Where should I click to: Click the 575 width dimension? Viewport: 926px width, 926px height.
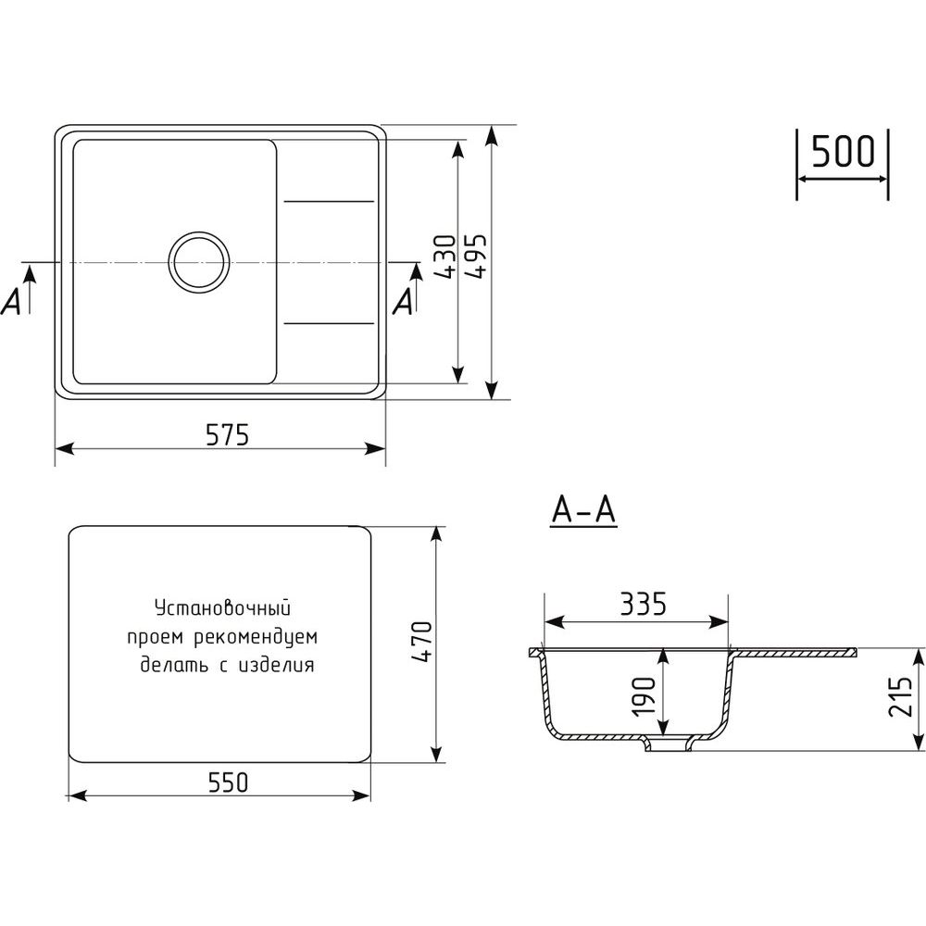[228, 434]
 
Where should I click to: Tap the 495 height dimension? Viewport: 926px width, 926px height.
[475, 256]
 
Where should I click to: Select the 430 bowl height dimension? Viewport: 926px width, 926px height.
[444, 257]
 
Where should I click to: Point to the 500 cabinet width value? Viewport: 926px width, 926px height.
[842, 151]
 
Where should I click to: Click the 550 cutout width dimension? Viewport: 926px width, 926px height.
[228, 782]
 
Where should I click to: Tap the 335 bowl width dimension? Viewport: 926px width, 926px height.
[644, 604]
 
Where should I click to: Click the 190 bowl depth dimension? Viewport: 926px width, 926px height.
[644, 696]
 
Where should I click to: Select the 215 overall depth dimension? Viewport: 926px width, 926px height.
[901, 697]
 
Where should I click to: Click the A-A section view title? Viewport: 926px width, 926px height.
[583, 510]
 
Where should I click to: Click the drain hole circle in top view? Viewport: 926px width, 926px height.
[199, 262]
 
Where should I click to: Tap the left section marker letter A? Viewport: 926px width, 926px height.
[12, 303]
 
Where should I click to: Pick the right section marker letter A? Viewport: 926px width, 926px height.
[404, 303]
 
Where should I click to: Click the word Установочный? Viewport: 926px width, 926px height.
[222, 607]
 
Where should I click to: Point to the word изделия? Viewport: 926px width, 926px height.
[276, 666]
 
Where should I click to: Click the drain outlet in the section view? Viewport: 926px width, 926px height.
[669, 744]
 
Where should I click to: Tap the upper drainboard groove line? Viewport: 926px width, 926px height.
[329, 201]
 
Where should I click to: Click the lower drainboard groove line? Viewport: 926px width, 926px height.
[329, 323]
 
